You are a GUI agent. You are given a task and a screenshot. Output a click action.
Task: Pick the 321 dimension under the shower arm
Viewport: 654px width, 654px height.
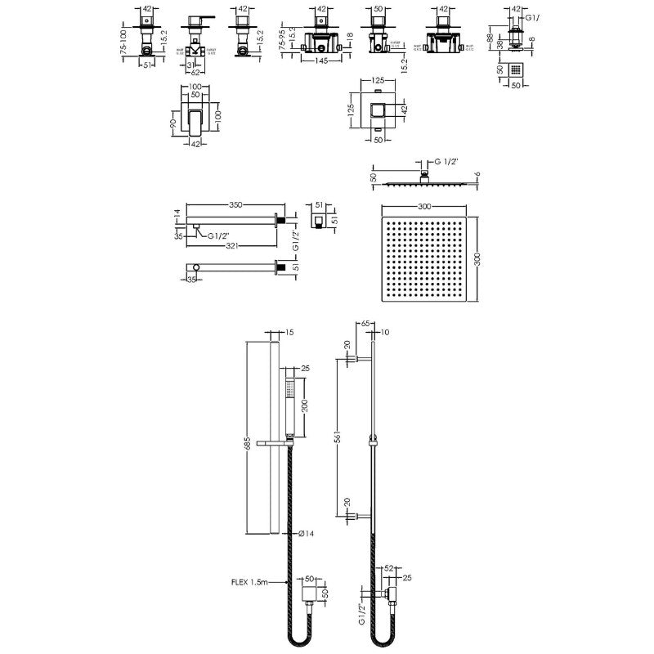coord(236,244)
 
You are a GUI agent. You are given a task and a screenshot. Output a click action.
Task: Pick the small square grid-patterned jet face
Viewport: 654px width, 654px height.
coord(515,70)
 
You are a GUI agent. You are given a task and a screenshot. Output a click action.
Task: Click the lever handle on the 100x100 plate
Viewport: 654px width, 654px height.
coord(197,120)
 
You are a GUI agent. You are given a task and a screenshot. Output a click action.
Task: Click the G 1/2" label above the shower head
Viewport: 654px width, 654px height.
coord(447,163)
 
